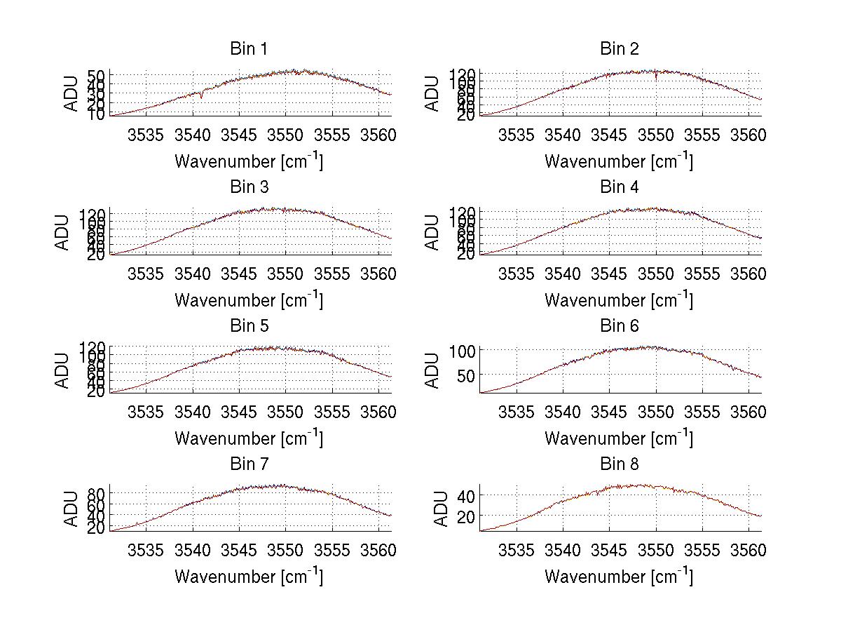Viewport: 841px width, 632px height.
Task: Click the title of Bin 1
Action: (x=249, y=49)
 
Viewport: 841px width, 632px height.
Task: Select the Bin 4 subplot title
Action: (x=620, y=187)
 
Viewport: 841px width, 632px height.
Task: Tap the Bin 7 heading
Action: (x=249, y=464)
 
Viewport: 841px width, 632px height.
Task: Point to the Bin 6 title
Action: (x=620, y=326)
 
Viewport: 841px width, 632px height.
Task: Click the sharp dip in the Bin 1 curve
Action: (x=202, y=96)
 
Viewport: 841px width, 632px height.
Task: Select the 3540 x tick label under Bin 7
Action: (x=193, y=550)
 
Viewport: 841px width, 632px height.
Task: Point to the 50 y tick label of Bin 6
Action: (x=468, y=375)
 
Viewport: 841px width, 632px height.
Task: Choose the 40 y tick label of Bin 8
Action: (x=468, y=496)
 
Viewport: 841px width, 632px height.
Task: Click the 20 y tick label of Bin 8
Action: (x=468, y=516)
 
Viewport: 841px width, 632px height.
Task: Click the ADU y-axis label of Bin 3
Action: (x=63, y=232)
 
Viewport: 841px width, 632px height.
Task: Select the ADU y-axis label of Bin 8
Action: (x=442, y=509)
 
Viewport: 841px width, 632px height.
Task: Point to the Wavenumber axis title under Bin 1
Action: (x=249, y=161)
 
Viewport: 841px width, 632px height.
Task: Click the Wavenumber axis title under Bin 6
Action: (x=619, y=438)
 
